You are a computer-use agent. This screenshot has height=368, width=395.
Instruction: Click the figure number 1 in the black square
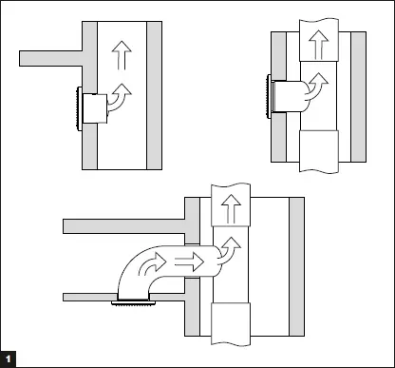click(x=8, y=359)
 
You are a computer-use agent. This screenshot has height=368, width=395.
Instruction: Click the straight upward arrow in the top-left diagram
click(x=119, y=54)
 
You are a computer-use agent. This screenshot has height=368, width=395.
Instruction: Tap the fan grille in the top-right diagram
click(x=268, y=96)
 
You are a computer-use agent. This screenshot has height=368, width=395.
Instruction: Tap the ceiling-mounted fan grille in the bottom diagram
click(x=131, y=303)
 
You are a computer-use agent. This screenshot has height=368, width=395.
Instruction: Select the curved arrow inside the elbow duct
click(x=148, y=267)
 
